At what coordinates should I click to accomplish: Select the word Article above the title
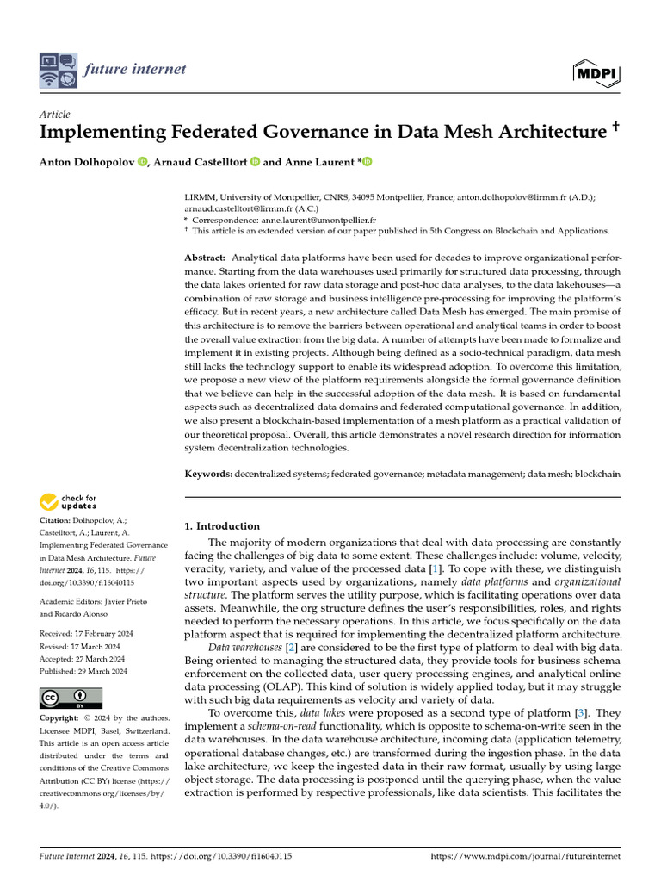(x=55, y=115)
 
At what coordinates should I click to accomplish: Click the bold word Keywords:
(x=209, y=475)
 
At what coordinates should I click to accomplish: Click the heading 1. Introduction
(x=223, y=526)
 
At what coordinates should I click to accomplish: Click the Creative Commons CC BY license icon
(x=71, y=698)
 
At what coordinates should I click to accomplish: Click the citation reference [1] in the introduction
(x=436, y=570)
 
